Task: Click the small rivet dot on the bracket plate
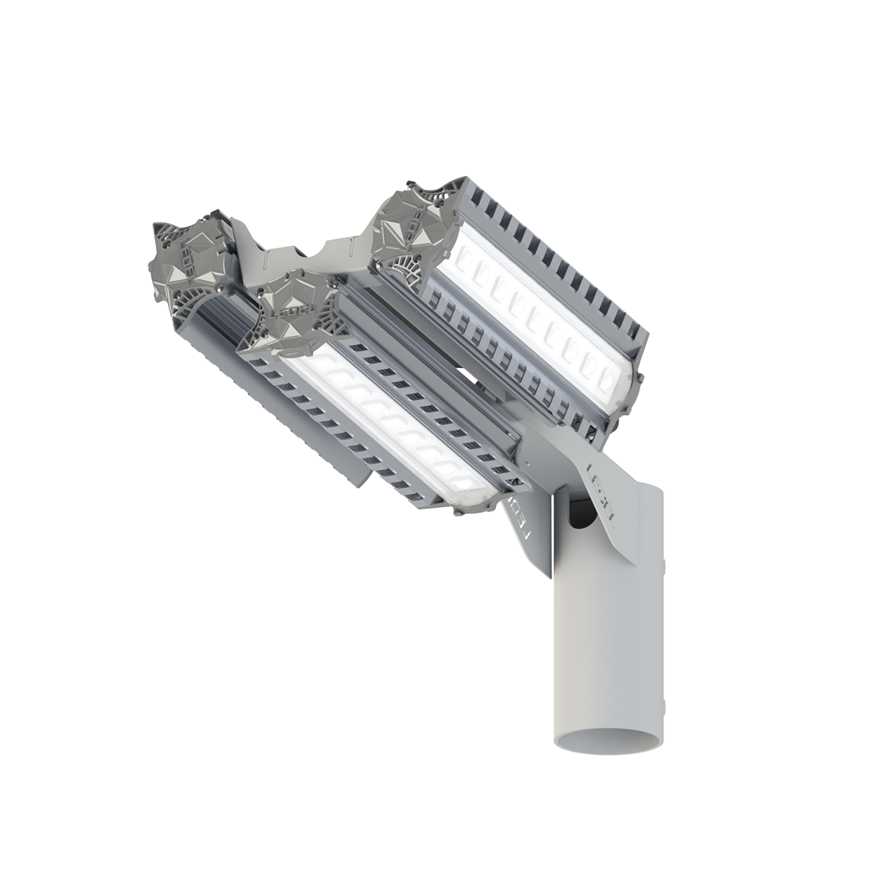click(x=519, y=461)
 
